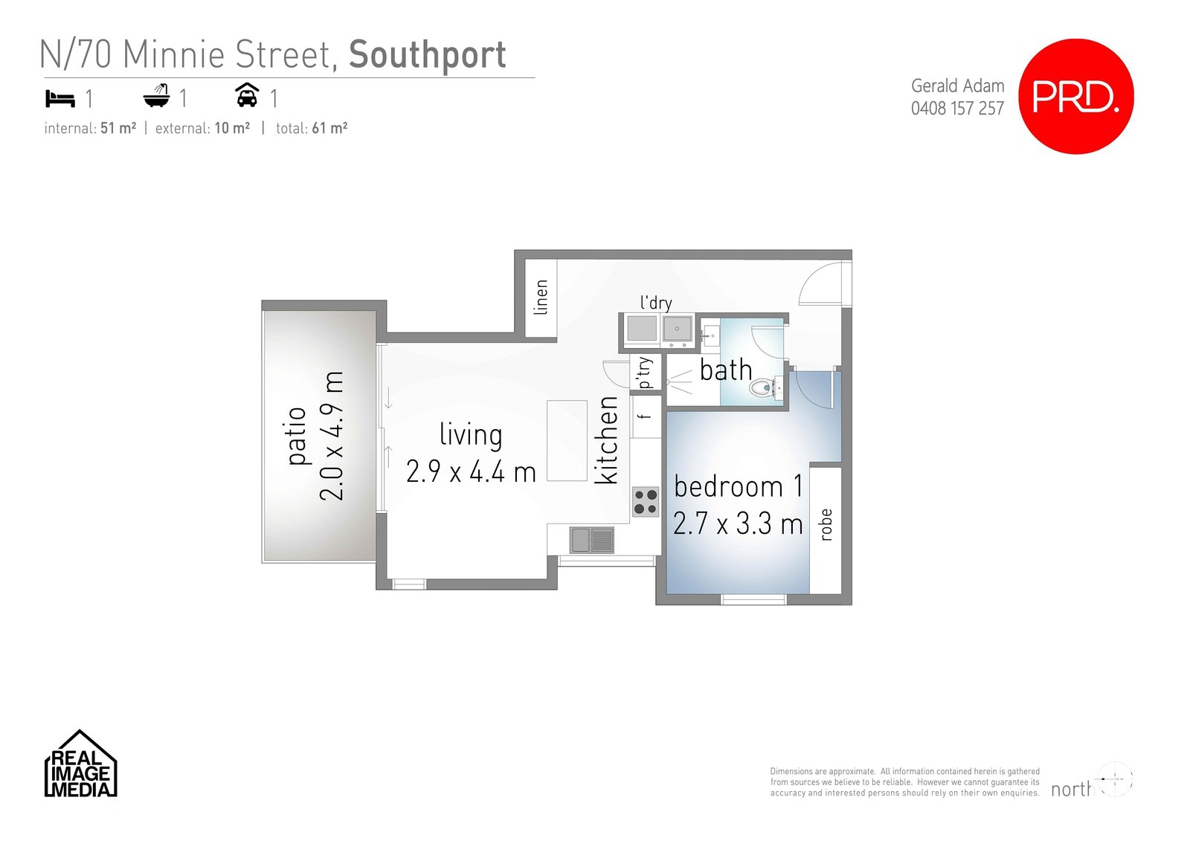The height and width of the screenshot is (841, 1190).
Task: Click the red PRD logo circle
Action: point(1075,97)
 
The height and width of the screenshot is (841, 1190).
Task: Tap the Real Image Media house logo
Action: point(80,764)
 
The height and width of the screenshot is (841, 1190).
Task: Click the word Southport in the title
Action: point(427,55)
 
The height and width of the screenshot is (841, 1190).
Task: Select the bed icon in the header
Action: point(60,98)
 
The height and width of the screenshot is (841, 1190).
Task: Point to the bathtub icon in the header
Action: point(156,97)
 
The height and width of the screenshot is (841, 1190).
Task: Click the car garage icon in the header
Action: point(247,96)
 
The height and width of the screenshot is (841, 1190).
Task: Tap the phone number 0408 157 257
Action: point(957,109)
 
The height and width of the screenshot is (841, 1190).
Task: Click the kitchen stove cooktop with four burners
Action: point(645,502)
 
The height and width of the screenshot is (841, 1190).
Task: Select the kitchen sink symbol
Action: point(592,540)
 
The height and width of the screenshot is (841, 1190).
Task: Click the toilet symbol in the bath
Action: point(762,387)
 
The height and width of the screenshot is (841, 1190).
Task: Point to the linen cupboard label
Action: point(541,297)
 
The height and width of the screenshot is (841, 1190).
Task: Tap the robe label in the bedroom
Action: point(825,524)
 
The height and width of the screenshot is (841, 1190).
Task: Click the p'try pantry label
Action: point(644,373)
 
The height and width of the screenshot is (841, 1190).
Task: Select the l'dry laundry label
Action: point(656,303)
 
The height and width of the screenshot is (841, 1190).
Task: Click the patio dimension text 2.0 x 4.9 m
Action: point(332,436)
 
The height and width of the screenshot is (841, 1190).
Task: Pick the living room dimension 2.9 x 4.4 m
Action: point(471,472)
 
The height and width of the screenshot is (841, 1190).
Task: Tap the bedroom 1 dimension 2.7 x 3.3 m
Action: point(738,523)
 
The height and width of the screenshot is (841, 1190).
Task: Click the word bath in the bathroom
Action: point(725,370)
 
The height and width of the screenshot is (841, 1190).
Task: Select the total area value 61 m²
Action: point(329,128)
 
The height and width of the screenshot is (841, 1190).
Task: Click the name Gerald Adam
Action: point(957,86)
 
